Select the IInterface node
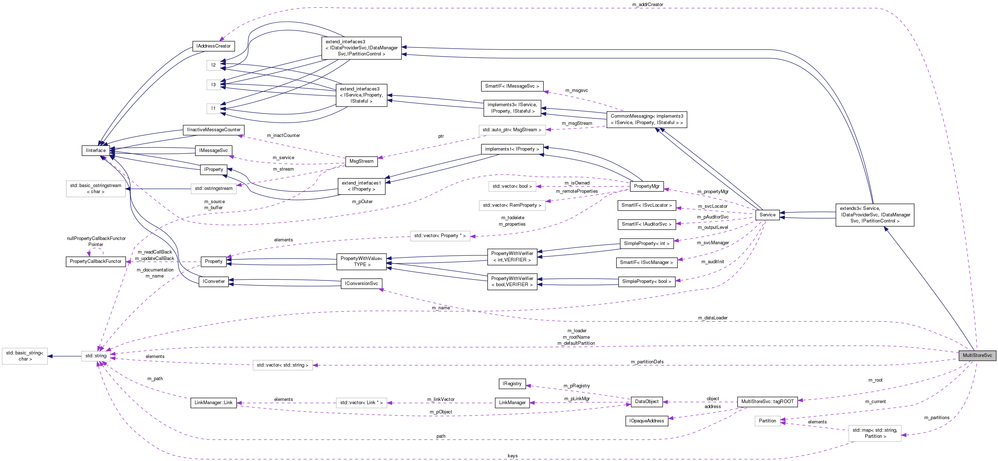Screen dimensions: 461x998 point(96,151)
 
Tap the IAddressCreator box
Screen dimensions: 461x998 point(214,46)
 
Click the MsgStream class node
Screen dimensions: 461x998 point(361,161)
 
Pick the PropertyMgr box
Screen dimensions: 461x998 point(647,186)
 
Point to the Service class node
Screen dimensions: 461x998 point(767,215)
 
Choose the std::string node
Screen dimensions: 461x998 point(96,356)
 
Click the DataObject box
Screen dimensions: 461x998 point(647,401)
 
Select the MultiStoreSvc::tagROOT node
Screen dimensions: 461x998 point(767,401)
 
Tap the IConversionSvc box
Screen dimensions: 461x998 point(361,284)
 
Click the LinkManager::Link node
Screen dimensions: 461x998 point(214,403)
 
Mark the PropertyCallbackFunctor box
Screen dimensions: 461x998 point(96,261)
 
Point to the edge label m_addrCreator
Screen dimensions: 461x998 point(647,5)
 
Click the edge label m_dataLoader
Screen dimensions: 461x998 point(712,318)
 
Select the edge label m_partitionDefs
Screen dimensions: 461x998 point(647,362)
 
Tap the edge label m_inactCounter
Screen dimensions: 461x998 point(283,136)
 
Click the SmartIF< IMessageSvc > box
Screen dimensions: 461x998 point(512,86)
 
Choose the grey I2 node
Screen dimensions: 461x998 point(214,65)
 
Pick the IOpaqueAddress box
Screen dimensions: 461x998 point(646,421)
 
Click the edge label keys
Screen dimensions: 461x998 point(512,456)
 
